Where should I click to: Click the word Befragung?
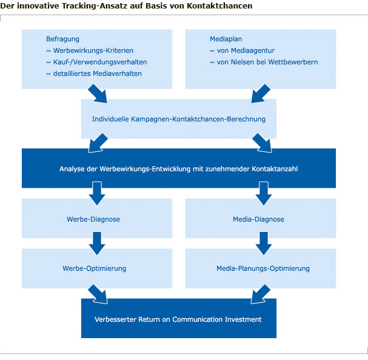[62, 39]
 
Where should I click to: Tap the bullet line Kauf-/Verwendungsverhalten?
[96, 62]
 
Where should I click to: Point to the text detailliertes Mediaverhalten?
[94, 73]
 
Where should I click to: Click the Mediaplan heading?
[226, 39]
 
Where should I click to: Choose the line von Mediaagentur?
[242, 50]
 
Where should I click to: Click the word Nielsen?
[243, 62]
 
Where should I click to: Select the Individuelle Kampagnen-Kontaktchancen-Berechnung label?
[179, 119]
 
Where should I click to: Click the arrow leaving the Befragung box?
[98, 93]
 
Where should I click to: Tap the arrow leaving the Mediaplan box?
[261, 93]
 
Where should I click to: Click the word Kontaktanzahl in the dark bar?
[275, 169]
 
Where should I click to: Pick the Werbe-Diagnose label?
[93, 219]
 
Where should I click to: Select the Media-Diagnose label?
[258, 219]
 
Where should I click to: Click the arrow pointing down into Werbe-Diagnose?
[97, 194]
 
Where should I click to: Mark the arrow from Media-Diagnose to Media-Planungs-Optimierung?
[264, 243]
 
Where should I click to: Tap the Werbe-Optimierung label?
[95, 268]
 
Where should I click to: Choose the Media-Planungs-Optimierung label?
[263, 268]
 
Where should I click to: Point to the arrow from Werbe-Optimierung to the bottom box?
[98, 294]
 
